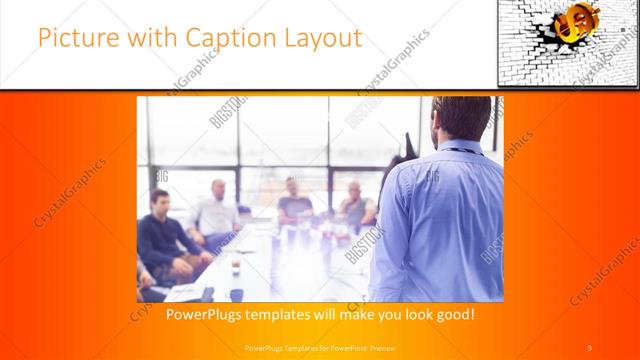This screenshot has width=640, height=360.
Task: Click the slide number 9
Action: tap(590, 348)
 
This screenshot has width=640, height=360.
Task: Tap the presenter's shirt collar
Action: tap(455, 146)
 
